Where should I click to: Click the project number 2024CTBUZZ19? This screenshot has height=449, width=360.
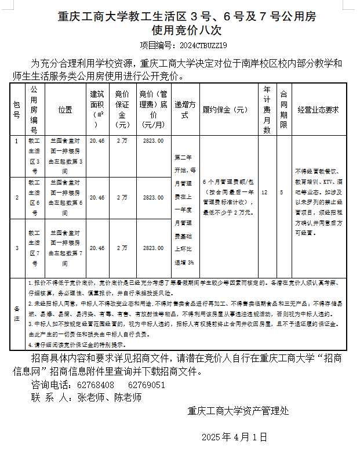pyautogui.click(x=200, y=45)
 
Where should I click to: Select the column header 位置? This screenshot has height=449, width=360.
pyautogui.click(x=66, y=110)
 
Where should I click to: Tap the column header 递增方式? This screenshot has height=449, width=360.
pyautogui.click(x=186, y=110)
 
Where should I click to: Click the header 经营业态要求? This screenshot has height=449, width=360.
pyautogui.click(x=318, y=110)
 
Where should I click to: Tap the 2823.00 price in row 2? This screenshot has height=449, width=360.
pyautogui.click(x=153, y=197)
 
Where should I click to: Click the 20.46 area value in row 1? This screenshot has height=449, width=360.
pyautogui.click(x=97, y=141)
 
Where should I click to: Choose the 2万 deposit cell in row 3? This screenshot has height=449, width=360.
pyautogui.click(x=122, y=248)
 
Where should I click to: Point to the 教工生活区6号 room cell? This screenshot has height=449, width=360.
pyautogui.click(x=34, y=197)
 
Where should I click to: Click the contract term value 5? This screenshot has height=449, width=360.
pyautogui.click(x=282, y=191)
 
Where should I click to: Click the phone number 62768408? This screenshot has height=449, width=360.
pyautogui.click(x=96, y=385)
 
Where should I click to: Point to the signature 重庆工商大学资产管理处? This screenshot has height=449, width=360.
pyautogui.click(x=238, y=411)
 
